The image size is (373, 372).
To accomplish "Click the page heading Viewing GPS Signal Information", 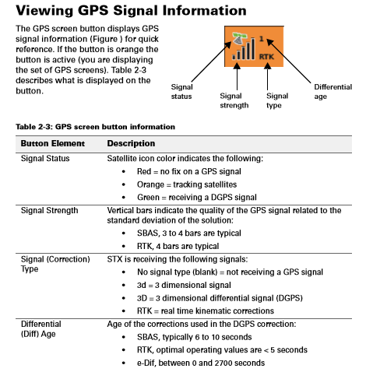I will [x=131, y=11].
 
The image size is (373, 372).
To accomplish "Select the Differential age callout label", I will [x=333, y=91].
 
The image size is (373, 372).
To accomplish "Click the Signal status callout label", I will [x=181, y=91].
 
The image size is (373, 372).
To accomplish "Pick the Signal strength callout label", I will [x=234, y=100].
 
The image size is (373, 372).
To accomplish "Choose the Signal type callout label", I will [x=277, y=100].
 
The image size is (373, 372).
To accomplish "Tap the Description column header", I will [x=131, y=144].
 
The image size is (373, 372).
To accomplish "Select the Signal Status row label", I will [x=45, y=158].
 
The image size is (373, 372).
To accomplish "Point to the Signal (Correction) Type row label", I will [x=55, y=264].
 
